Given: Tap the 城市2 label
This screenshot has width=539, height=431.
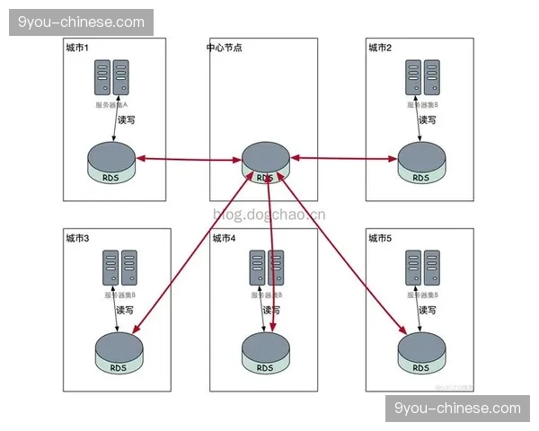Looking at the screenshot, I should (x=381, y=47).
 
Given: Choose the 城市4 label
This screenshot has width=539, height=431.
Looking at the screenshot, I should (x=225, y=238).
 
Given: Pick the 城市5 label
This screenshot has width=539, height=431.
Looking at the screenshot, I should (x=381, y=238).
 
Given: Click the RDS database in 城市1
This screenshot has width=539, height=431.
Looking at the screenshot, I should (x=111, y=163).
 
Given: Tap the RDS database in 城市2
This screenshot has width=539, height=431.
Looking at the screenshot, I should (x=420, y=163).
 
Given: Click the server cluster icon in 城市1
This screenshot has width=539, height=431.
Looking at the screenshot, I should (x=111, y=78).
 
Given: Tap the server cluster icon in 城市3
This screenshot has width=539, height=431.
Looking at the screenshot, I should (x=119, y=268).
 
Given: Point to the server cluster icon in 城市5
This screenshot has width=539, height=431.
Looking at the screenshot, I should (x=421, y=268).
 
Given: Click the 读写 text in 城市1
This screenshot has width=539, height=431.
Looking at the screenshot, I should (x=126, y=119).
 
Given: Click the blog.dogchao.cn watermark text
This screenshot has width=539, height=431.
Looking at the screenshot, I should (x=269, y=214).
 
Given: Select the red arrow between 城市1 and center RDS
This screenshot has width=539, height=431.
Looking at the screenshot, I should (x=190, y=161).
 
